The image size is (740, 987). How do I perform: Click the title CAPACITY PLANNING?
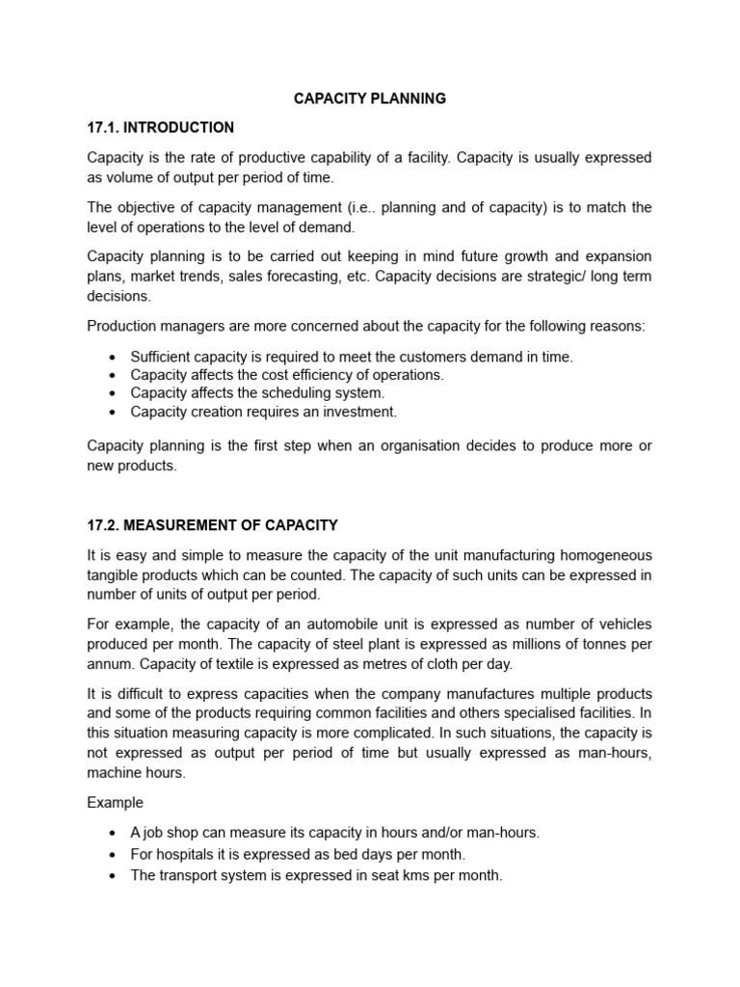point(369,99)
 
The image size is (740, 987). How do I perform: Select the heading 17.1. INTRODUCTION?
point(161,127)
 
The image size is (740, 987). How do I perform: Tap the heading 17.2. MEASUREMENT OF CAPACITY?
point(213,525)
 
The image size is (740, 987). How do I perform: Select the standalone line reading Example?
point(115,803)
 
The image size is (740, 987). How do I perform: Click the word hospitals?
point(188,855)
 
